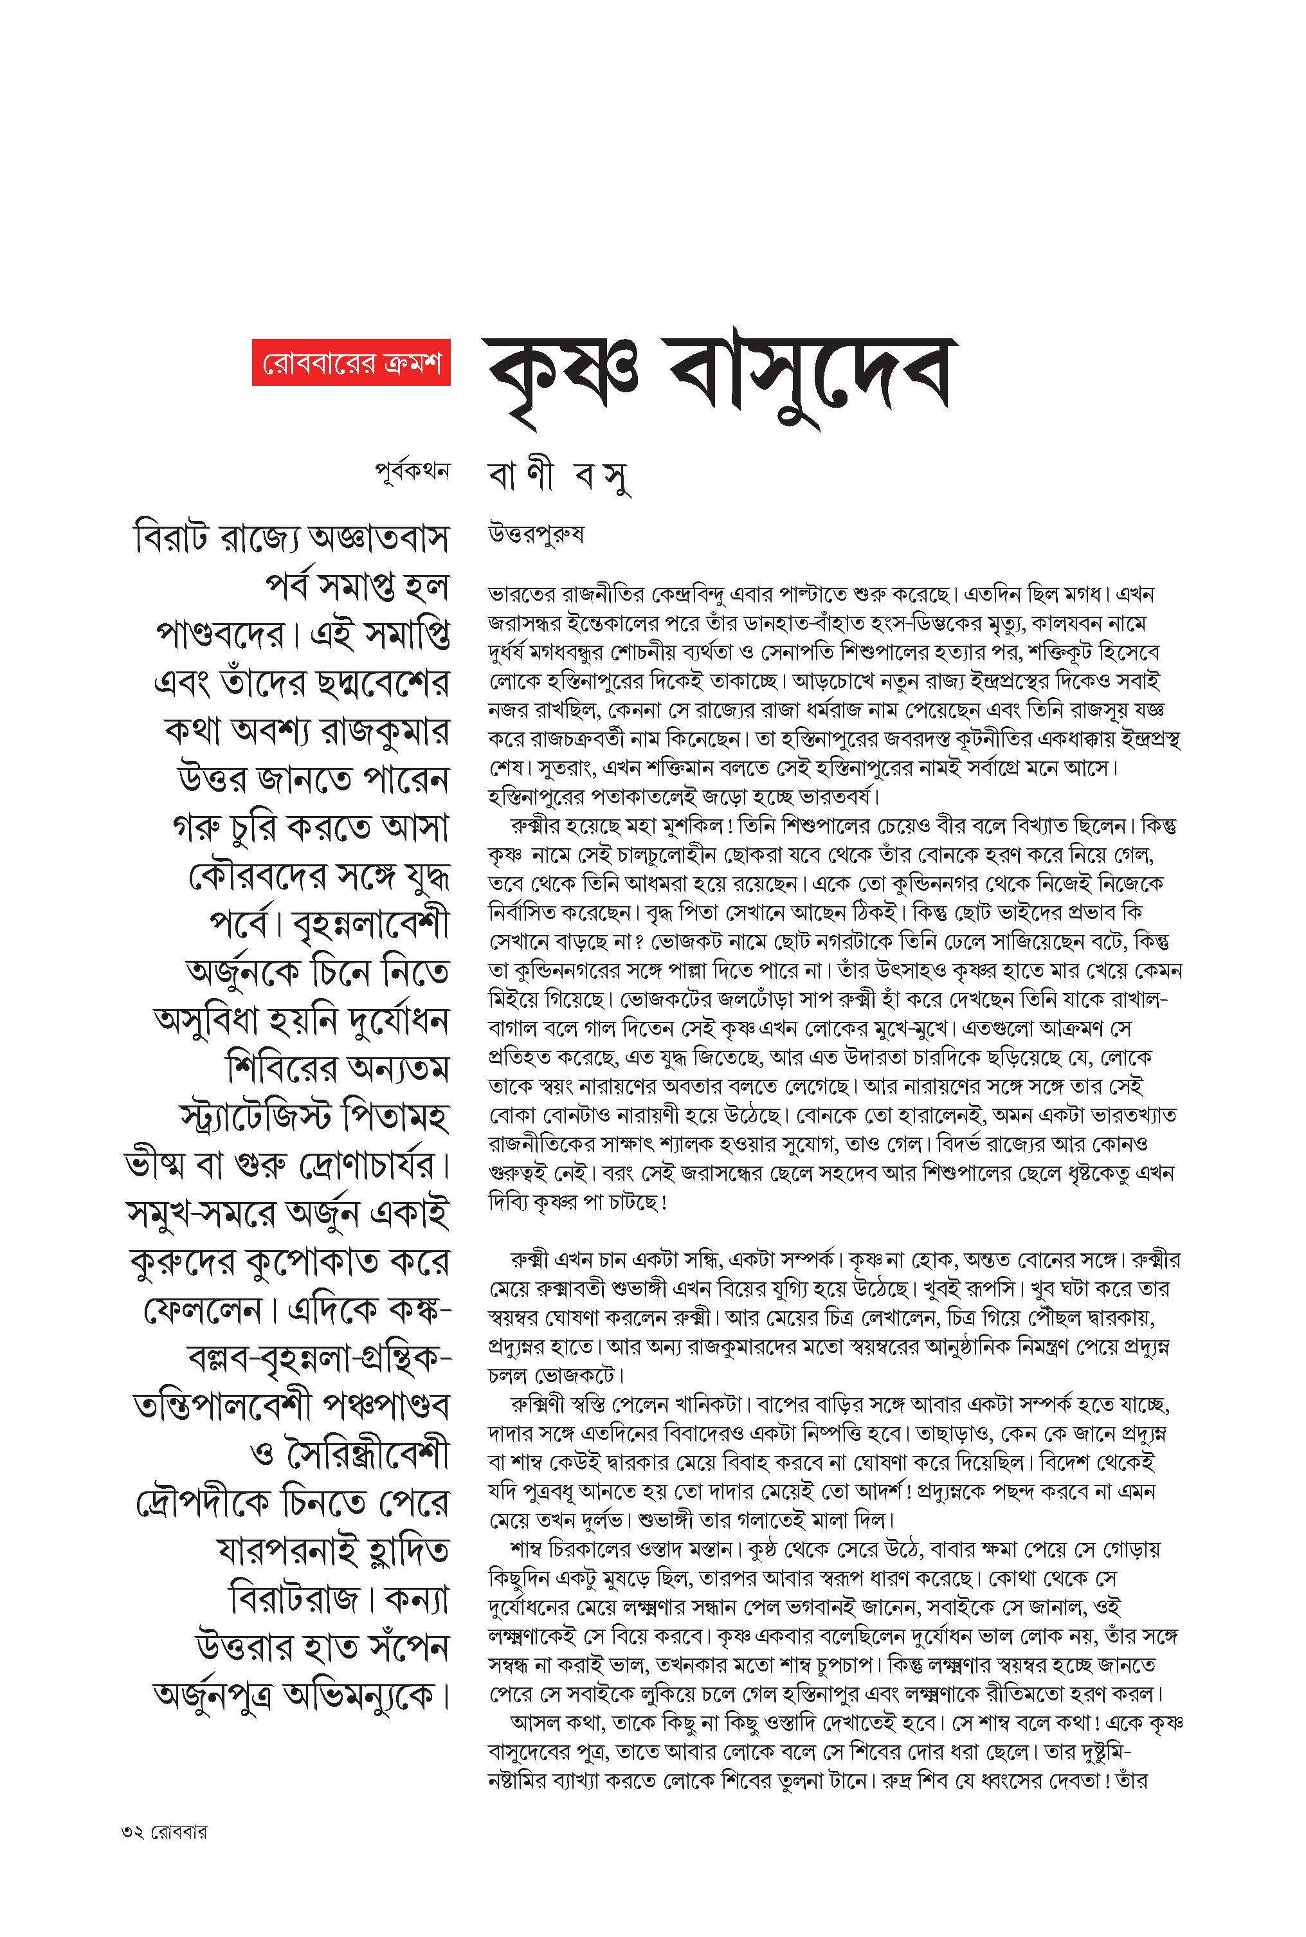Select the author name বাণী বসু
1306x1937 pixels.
[x=559, y=477]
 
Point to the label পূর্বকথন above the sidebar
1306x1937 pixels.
[x=412, y=471]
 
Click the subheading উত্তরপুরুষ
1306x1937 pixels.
[x=536, y=534]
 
